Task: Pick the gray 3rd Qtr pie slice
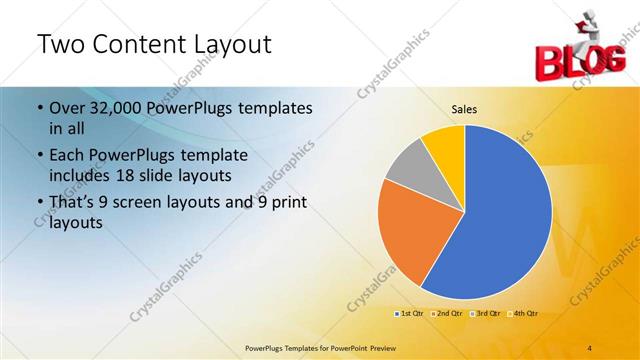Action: coord(407,171)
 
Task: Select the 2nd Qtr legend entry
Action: coord(446,314)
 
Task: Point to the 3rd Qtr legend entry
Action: coord(484,314)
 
